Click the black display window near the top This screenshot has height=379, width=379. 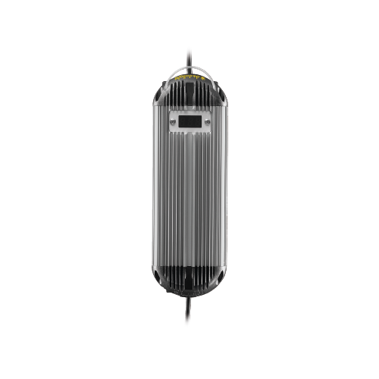(x=189, y=121)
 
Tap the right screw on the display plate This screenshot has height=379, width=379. (x=206, y=121)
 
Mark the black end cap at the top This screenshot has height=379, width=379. (x=189, y=91)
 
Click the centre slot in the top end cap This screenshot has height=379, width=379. (x=189, y=95)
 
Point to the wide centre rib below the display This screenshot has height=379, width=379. (x=189, y=197)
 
